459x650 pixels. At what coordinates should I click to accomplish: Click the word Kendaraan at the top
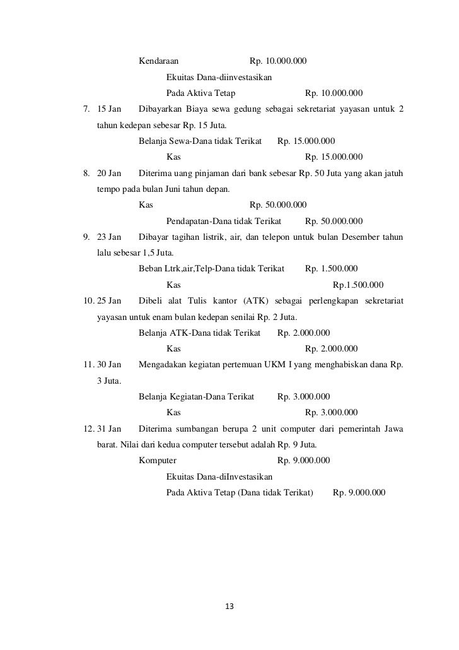[158, 61]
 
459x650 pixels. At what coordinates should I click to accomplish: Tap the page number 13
[229, 607]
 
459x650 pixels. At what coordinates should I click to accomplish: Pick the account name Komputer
[157, 460]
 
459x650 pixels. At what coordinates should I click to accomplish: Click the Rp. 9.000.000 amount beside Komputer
[303, 460]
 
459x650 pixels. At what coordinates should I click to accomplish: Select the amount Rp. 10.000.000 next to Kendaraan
[278, 61]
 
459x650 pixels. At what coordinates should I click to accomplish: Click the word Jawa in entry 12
[393, 428]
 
